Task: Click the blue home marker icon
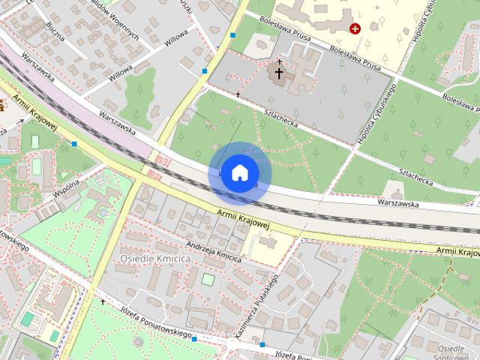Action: [x=239, y=173]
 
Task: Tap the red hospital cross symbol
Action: [x=355, y=28]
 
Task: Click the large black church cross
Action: [x=279, y=73]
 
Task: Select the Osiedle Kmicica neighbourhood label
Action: [x=155, y=258]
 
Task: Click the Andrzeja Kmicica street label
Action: [x=214, y=252]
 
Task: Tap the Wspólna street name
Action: [x=67, y=186]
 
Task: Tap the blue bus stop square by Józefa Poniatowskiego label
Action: [x=194, y=339]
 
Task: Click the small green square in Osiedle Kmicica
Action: [x=208, y=280]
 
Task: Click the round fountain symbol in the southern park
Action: [x=137, y=341]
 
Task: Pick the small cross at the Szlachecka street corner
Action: [x=238, y=95]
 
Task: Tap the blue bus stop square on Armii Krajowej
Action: [x=74, y=143]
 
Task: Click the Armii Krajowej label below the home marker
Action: [x=242, y=219]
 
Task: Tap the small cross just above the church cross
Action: [x=279, y=61]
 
